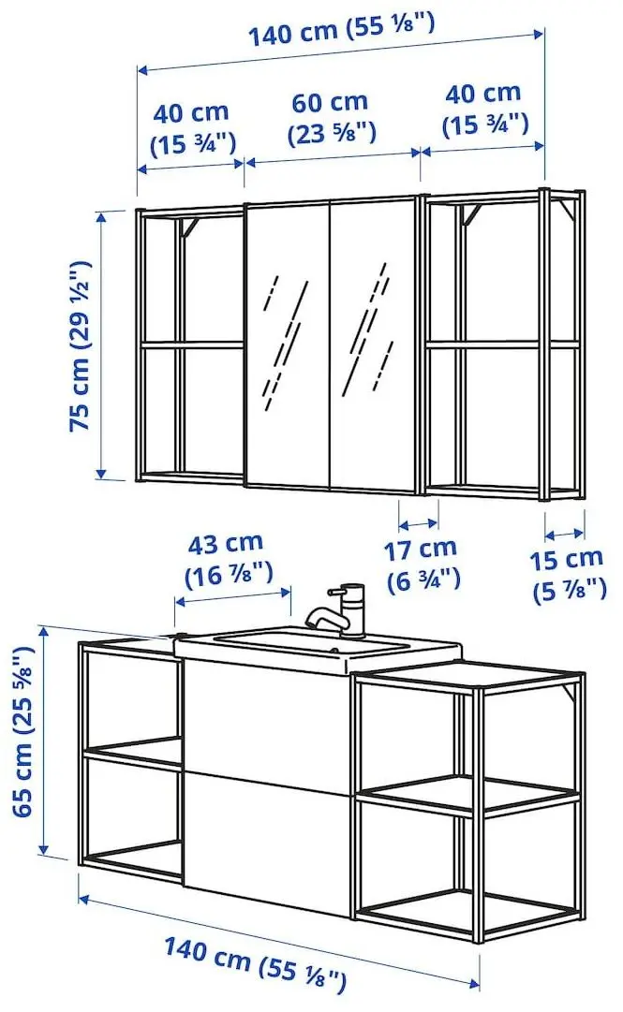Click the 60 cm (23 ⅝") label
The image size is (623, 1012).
click(x=330, y=116)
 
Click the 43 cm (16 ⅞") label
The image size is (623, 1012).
click(x=226, y=556)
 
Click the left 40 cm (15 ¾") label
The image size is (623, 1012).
click(x=191, y=127)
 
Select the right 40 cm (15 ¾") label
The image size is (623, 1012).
click(x=483, y=109)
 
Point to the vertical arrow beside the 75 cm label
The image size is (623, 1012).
click(x=99, y=345)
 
